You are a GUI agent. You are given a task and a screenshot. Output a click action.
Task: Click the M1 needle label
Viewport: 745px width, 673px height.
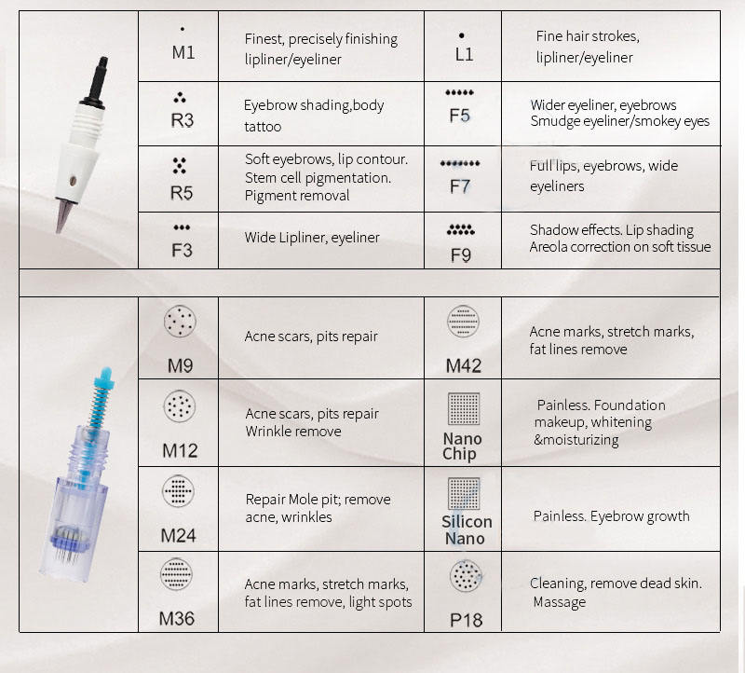click(x=183, y=52)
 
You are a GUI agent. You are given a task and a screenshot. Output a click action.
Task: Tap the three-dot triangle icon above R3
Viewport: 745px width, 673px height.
click(x=180, y=98)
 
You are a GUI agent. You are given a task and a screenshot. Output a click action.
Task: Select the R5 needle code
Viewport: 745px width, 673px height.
click(x=182, y=193)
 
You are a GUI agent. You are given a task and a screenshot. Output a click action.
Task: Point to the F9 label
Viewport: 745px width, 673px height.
click(x=461, y=255)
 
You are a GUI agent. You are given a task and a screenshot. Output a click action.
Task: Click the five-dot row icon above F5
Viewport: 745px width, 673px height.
click(x=459, y=92)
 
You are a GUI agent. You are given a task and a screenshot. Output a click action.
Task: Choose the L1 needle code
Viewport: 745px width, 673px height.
click(x=464, y=55)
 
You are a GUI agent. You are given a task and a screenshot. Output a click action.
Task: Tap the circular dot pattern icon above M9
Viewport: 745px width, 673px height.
click(x=180, y=321)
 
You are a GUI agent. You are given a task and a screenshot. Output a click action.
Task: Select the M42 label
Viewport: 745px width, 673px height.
click(x=463, y=365)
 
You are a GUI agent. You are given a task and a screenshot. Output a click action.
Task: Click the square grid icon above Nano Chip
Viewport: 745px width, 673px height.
click(x=464, y=408)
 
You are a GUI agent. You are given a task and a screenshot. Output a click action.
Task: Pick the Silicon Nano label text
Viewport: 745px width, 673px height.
click(x=467, y=529)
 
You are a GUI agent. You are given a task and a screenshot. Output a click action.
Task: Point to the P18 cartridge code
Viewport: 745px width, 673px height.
click(x=467, y=620)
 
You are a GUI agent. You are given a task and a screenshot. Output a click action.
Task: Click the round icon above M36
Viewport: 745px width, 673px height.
click(x=176, y=574)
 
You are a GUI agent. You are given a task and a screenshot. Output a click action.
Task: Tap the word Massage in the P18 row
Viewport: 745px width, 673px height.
click(x=560, y=602)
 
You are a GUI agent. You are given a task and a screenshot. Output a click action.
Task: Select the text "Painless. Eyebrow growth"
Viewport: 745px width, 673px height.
click(x=611, y=516)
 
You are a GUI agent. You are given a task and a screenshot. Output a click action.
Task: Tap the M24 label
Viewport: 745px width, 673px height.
click(x=178, y=536)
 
